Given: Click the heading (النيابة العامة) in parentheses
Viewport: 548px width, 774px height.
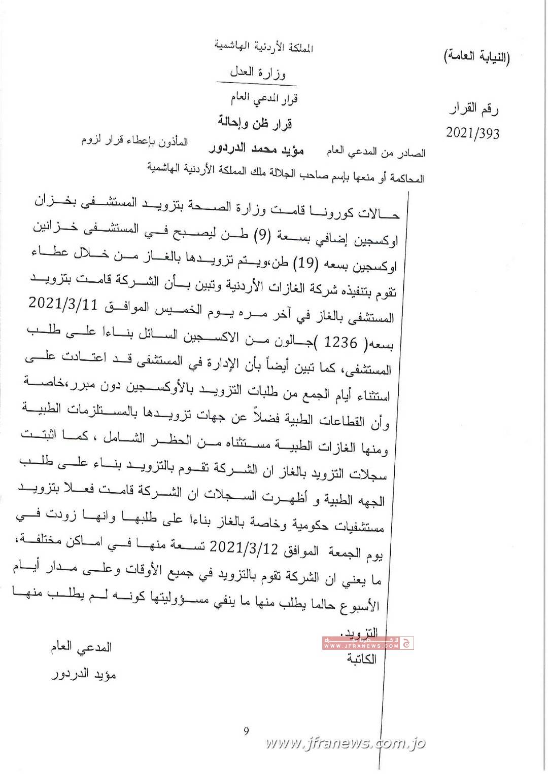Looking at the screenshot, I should click(x=477, y=57).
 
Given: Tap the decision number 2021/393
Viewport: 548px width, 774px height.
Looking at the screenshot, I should click(x=472, y=133).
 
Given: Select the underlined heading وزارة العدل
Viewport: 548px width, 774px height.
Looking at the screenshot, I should click(x=258, y=72).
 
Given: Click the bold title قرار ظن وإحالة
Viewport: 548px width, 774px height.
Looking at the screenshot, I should click(x=255, y=122).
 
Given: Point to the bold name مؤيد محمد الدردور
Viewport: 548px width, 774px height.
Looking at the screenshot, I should click(x=256, y=149).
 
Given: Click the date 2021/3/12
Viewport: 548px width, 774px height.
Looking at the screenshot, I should click(x=238, y=546).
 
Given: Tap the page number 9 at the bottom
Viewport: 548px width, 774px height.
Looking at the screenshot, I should click(x=247, y=731).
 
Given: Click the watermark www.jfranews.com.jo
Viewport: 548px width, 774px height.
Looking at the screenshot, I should click(x=345, y=743).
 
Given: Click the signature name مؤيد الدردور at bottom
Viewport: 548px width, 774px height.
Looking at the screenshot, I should click(x=85, y=675).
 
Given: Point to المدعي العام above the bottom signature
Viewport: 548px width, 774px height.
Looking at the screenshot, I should click(x=81, y=647).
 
